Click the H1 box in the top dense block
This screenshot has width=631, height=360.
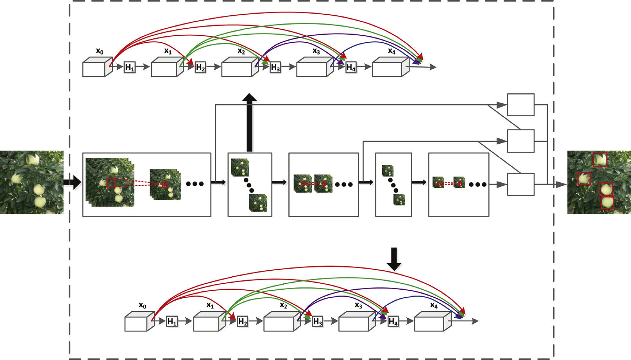click(130, 68)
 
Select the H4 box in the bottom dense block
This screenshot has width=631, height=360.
click(393, 322)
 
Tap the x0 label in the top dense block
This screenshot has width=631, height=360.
click(100, 51)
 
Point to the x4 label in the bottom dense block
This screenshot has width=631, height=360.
click(434, 305)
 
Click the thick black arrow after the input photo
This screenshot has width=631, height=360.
click(72, 182)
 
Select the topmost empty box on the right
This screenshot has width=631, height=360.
click(520, 105)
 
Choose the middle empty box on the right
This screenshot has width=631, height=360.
click(520, 141)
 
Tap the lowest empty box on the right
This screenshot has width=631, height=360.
click(520, 184)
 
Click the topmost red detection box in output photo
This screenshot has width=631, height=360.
click(600, 159)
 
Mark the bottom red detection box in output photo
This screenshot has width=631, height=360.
click(607, 203)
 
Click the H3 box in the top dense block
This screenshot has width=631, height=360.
click(275, 68)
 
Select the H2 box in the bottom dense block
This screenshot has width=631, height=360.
click(243, 322)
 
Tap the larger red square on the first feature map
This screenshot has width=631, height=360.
click(111, 182)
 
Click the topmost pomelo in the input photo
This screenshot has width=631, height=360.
click(33, 159)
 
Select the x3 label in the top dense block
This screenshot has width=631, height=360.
click(316, 51)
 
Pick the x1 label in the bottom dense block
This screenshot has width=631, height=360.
click(210, 305)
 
